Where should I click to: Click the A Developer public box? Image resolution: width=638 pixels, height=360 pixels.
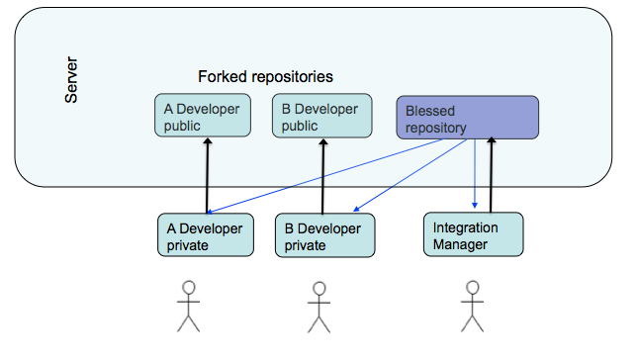pos(203,117)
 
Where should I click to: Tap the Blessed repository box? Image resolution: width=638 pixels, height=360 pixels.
pos(467,118)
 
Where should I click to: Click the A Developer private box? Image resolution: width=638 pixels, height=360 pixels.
pos(206,236)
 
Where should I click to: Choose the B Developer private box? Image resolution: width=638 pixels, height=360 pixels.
pos(324,236)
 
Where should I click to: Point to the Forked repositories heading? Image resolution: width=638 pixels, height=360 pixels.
pos(265,76)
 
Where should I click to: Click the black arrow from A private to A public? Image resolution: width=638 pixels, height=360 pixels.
pos(208,175)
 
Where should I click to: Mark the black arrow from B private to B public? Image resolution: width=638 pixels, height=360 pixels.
pos(321,175)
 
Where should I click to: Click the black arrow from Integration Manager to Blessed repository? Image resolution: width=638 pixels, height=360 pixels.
pos(491,175)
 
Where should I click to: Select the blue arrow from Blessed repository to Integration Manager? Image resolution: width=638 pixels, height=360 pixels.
pos(476,175)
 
